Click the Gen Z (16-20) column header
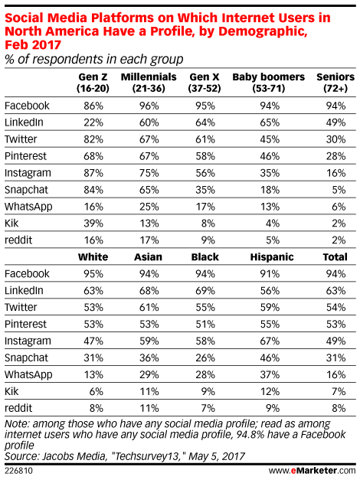(93, 83)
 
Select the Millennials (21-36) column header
(149, 83)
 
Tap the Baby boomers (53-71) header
(269, 83)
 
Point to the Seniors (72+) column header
(335, 83)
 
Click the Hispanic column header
(272, 256)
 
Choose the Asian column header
(149, 256)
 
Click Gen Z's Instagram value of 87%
(93, 173)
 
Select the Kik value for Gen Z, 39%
(93, 224)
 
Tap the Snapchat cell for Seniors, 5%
(339, 190)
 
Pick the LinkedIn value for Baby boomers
(270, 122)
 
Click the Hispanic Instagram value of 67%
(270, 341)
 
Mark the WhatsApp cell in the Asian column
(149, 374)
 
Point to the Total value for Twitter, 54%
(336, 307)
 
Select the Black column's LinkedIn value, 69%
(205, 290)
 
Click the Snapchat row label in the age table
(26, 190)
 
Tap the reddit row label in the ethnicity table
(18, 408)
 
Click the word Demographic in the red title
(263, 31)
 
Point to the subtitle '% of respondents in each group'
(94, 59)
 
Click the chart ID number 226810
(18, 471)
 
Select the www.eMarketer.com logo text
(313, 470)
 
